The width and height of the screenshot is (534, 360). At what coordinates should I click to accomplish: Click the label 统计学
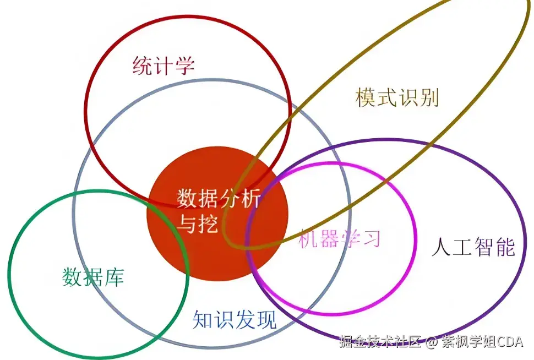(164, 66)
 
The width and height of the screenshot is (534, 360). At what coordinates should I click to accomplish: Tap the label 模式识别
(397, 97)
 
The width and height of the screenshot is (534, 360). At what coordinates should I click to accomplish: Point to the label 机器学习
(340, 238)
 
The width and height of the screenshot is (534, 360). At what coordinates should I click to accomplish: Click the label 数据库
(93, 276)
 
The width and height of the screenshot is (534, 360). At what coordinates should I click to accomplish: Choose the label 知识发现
(235, 319)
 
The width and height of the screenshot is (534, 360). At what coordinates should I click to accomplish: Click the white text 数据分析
(219, 198)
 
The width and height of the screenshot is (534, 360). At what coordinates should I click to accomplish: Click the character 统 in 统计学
(143, 66)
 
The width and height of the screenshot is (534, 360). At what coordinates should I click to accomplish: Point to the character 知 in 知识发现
(203, 319)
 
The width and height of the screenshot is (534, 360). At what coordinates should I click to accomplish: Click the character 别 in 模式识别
(428, 97)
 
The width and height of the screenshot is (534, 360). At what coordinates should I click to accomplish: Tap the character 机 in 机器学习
(308, 238)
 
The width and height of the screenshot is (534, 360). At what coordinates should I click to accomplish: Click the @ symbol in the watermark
(431, 342)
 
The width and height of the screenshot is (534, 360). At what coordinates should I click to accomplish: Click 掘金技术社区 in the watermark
(380, 342)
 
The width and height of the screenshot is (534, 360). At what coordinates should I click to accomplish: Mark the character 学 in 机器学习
(350, 238)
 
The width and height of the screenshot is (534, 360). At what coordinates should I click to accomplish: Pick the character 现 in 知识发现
(266, 319)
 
